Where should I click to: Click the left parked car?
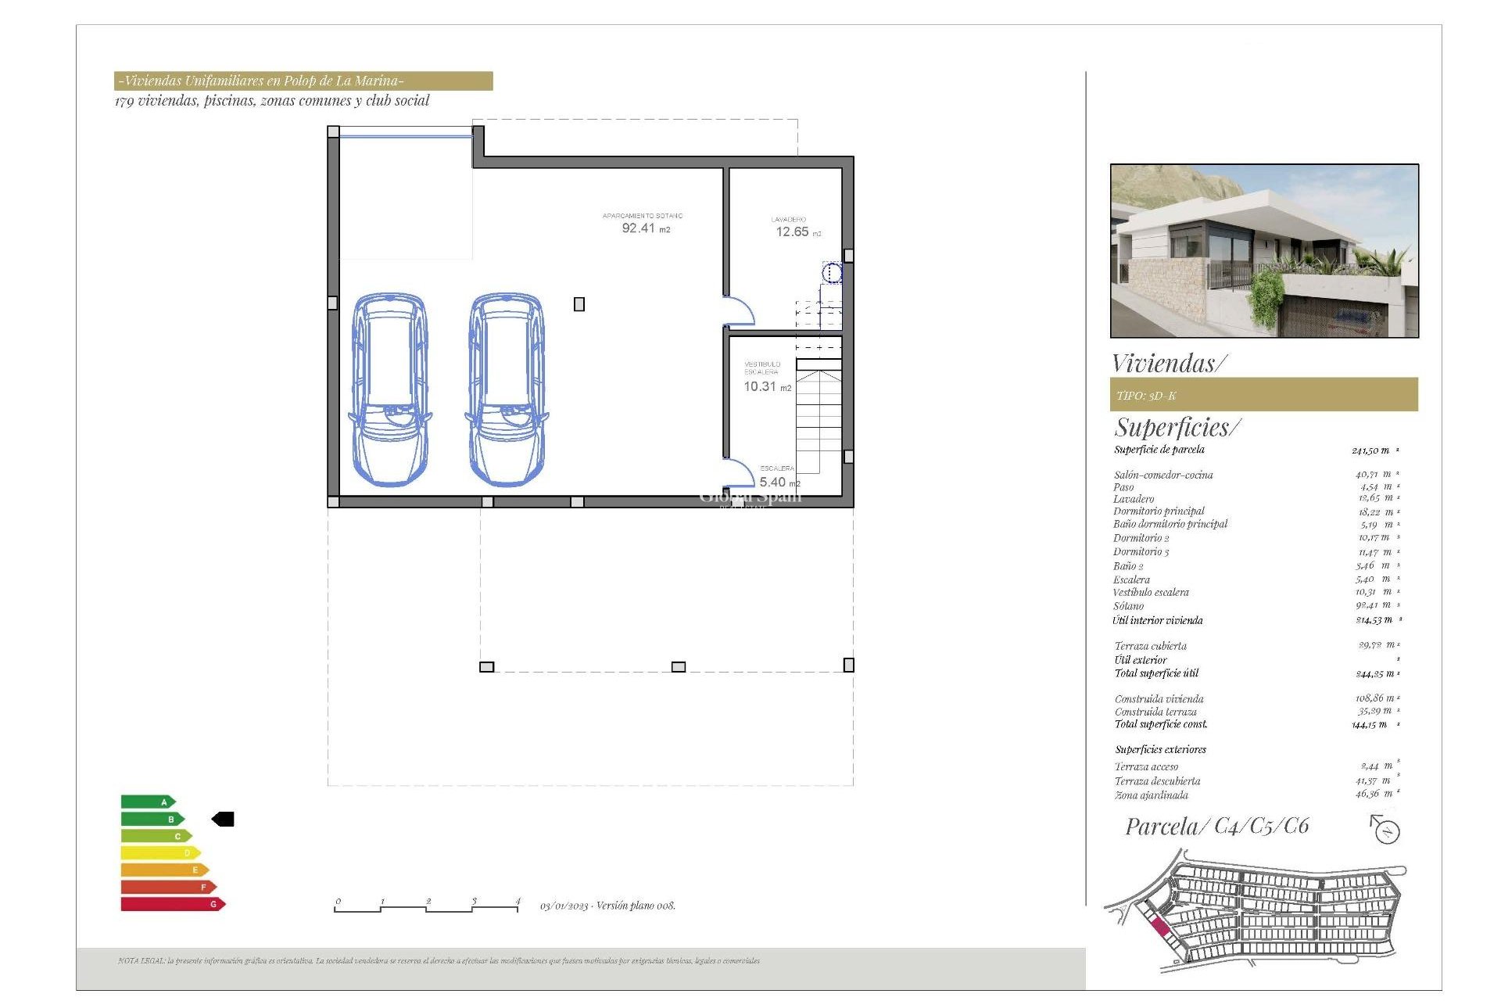click(389, 389)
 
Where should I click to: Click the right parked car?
click(506, 389)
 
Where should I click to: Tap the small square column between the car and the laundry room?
click(579, 304)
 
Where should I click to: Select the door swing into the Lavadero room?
click(739, 310)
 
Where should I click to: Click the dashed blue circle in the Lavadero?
click(832, 273)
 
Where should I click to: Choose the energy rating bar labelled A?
click(147, 802)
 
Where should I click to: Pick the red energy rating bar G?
click(172, 904)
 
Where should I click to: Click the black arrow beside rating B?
click(224, 819)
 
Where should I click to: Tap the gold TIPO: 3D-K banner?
click(1263, 395)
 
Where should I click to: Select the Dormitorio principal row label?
click(1159, 511)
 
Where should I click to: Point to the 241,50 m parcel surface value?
click(1370, 450)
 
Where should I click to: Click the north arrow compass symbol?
click(1385, 829)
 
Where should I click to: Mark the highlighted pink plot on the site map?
click(1160, 927)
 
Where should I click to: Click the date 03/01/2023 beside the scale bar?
click(565, 906)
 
